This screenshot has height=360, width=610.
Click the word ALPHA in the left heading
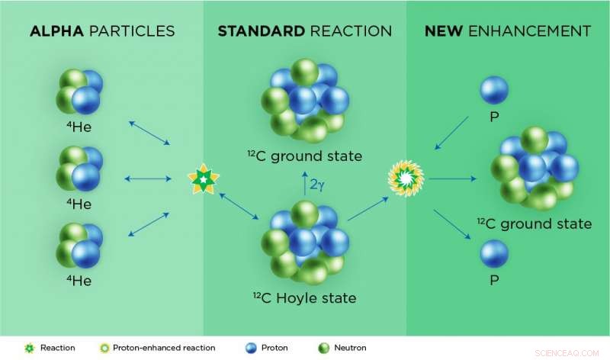pyautogui.click(x=56, y=31)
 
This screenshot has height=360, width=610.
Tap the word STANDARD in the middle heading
pyautogui.click(x=262, y=31)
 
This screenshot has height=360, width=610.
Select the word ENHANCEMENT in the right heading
pyautogui.click(x=529, y=31)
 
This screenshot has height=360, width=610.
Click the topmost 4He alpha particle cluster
pyautogui.click(x=80, y=92)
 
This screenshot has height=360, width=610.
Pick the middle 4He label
pyautogui.click(x=79, y=204)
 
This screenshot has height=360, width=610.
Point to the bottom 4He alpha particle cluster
pyautogui.click(x=80, y=245)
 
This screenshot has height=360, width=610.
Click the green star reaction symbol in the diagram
pyautogui.click(x=204, y=179)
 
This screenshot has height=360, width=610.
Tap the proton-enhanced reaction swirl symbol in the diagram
pyautogui.click(x=406, y=178)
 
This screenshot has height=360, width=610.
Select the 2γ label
pyautogui.click(x=317, y=184)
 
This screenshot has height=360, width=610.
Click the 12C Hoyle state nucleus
pyautogui.click(x=305, y=243)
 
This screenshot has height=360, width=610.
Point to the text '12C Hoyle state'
pyautogui.click(x=304, y=297)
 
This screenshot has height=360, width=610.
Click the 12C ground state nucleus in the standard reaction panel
pyautogui.click(x=305, y=101)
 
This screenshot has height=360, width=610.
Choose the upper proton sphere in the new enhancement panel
pyautogui.click(x=494, y=90)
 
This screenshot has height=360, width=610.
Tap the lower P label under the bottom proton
pyautogui.click(x=494, y=280)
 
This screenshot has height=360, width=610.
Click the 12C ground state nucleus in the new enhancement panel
pyautogui.click(x=535, y=168)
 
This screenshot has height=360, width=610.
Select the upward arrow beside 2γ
pyautogui.click(x=305, y=183)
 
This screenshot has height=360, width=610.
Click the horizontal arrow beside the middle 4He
pyautogui.click(x=148, y=179)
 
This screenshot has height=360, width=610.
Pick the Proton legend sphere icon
pyautogui.click(x=252, y=348)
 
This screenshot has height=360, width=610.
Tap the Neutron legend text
pyautogui.click(x=350, y=348)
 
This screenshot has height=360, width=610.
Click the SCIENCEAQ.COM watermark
pyautogui.click(x=567, y=353)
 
